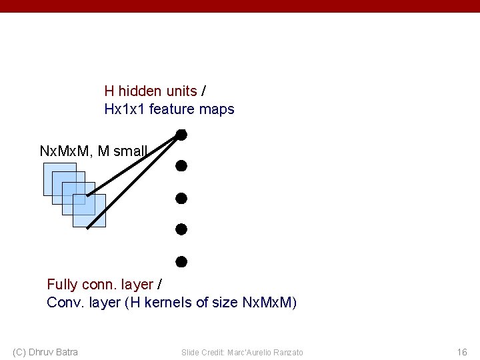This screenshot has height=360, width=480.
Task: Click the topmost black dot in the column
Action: (181, 135)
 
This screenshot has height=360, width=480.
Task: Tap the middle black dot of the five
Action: (181, 198)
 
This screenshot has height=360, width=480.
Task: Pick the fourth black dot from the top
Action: (181, 229)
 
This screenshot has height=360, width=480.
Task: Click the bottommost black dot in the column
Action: (181, 261)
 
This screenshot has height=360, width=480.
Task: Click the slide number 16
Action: (462, 352)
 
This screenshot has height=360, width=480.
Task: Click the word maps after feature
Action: (218, 109)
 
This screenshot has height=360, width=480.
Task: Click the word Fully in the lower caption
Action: (63, 285)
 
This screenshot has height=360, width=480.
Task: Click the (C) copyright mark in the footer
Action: (19, 352)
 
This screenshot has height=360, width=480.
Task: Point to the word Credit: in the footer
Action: (215, 352)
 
